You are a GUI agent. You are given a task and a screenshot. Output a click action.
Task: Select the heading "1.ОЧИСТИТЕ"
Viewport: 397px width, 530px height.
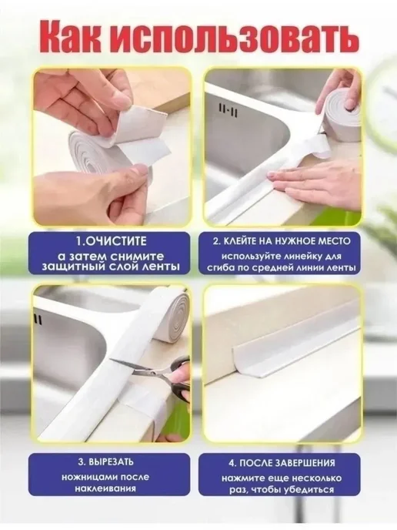[111, 241]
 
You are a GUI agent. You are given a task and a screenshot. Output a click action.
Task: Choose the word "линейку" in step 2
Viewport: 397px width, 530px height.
[295, 257]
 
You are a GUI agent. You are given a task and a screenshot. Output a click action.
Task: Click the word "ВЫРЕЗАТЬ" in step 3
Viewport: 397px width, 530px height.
[113, 461]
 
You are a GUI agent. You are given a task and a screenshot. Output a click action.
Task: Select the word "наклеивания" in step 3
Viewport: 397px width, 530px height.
[105, 488]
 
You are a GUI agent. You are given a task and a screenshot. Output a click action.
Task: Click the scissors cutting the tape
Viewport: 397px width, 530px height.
[156, 374]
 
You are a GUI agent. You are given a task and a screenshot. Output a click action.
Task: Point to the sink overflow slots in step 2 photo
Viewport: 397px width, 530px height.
[229, 110]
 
